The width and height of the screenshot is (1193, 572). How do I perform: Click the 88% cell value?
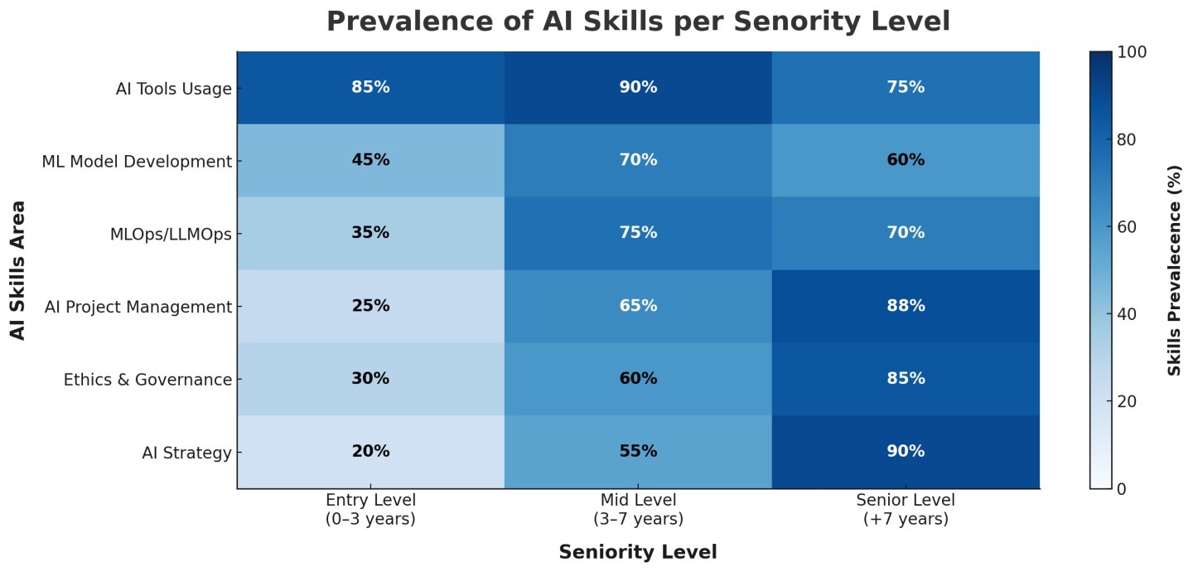[x=906, y=306]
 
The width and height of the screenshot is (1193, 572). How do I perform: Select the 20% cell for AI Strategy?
[x=370, y=452]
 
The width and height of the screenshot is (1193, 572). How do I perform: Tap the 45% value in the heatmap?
[x=370, y=160]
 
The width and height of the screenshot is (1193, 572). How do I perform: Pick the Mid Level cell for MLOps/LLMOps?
[x=638, y=233]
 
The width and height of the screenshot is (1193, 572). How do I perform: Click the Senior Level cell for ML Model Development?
[x=906, y=160]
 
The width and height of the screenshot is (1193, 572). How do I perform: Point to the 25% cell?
[x=370, y=306]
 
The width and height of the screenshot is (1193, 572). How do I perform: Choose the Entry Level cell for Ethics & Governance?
[x=370, y=379]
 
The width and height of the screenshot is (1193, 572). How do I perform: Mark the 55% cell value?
[x=638, y=452]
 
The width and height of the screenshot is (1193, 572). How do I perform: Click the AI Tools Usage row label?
[x=173, y=89]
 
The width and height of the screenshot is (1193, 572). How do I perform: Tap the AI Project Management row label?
[x=149, y=308]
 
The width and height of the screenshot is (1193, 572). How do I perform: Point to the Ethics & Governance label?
[x=147, y=381]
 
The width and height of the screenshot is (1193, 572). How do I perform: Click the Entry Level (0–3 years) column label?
[x=370, y=510]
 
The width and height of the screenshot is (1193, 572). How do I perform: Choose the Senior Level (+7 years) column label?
[x=906, y=510]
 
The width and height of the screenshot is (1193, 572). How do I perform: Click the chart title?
[x=638, y=21]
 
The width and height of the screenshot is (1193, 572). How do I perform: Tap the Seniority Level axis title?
[x=638, y=552]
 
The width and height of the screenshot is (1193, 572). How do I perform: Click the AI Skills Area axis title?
[x=18, y=269]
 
